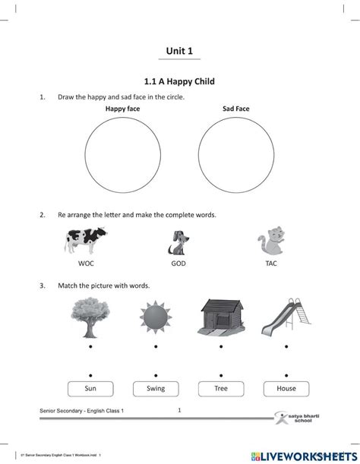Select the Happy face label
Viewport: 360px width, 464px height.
122,109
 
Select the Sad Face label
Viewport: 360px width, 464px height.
235,109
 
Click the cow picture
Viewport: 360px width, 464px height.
86,242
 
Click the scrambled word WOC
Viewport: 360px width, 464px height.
86,264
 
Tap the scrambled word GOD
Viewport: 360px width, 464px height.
178,264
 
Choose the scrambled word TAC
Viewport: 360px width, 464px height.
271,264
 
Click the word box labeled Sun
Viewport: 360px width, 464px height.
90,389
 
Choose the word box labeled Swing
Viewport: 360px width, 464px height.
156,389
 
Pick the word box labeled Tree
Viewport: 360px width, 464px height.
220,389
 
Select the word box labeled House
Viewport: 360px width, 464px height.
286,389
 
